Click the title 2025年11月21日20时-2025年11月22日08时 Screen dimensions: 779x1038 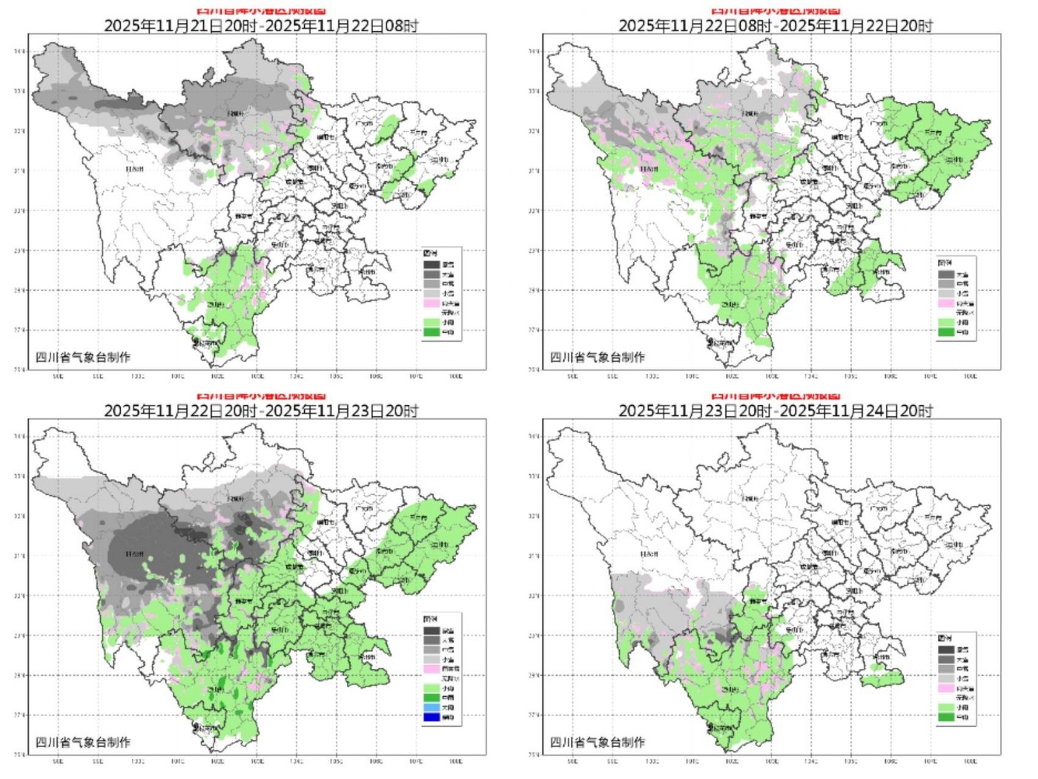point(260,25)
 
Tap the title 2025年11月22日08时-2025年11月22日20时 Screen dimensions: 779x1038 point(775,25)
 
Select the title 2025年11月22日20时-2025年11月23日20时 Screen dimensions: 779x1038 point(260,410)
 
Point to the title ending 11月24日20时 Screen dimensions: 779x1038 point(775,410)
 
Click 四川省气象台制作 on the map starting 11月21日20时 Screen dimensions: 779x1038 point(83,357)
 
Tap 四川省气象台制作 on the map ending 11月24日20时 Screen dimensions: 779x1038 point(598,742)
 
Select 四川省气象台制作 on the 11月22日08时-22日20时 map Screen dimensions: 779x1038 point(598,357)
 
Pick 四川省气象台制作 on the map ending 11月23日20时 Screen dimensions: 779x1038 point(83,742)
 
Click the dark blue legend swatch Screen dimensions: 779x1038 point(432,717)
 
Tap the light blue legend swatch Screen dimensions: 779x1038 point(432,707)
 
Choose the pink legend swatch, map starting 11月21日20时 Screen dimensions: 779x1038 point(432,303)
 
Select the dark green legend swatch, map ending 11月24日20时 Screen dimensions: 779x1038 point(946,717)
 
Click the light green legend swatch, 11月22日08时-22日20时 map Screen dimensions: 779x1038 point(946,323)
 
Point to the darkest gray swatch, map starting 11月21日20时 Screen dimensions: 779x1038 point(432,264)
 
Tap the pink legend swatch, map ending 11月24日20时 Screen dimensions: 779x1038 point(946,688)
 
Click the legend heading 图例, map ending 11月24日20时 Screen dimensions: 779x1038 point(943,638)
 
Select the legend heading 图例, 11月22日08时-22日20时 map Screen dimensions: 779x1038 point(943,263)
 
